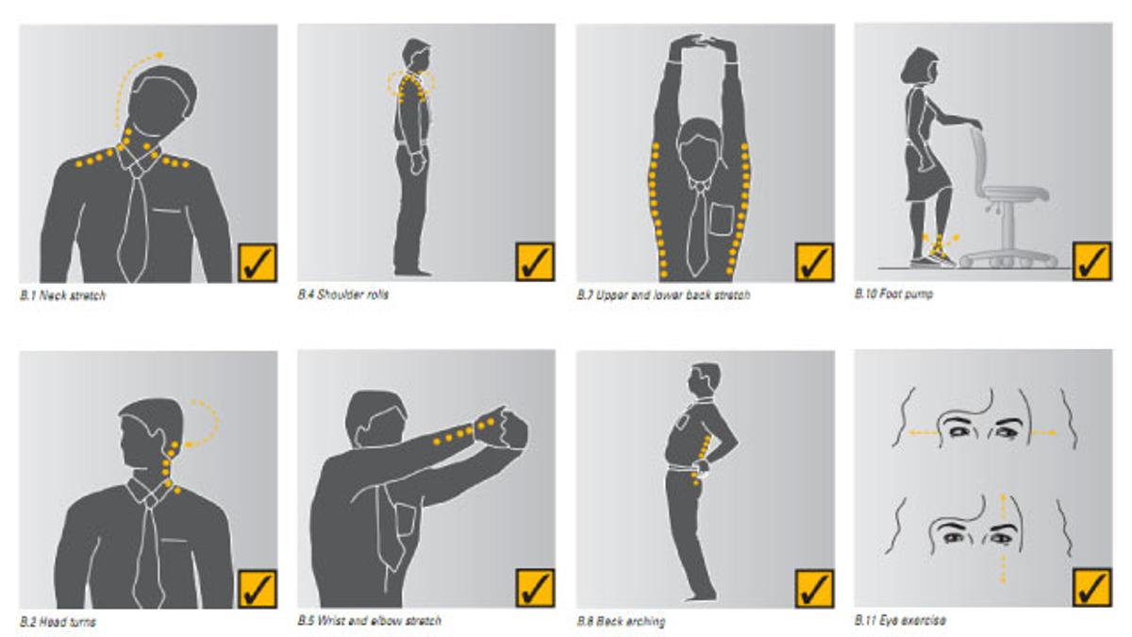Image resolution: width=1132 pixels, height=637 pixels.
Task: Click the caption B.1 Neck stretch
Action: point(62,295)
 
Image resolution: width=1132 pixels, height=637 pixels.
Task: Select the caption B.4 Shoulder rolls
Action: point(343,294)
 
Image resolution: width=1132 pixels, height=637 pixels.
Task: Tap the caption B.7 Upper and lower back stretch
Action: point(663,294)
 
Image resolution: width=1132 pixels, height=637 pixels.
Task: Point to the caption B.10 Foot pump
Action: point(893,293)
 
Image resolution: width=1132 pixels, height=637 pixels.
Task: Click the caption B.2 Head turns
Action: point(58,622)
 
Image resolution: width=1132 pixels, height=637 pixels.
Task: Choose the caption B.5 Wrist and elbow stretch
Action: point(370,620)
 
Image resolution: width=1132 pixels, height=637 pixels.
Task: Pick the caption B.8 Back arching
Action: point(621,621)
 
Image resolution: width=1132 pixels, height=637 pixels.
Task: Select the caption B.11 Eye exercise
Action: point(900,620)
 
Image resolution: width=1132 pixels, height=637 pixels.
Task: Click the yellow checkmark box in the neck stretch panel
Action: point(258,262)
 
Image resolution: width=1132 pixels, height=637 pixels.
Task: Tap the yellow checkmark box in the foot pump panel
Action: point(1092,260)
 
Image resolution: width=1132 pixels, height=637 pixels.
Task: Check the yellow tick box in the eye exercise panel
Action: point(1092,587)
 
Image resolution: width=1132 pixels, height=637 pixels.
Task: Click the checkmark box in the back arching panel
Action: point(815,589)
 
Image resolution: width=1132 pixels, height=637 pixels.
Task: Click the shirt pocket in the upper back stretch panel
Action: point(723,218)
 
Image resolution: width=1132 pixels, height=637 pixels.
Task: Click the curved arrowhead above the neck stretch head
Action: point(159,55)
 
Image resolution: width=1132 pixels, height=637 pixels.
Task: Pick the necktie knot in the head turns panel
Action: point(150,500)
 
